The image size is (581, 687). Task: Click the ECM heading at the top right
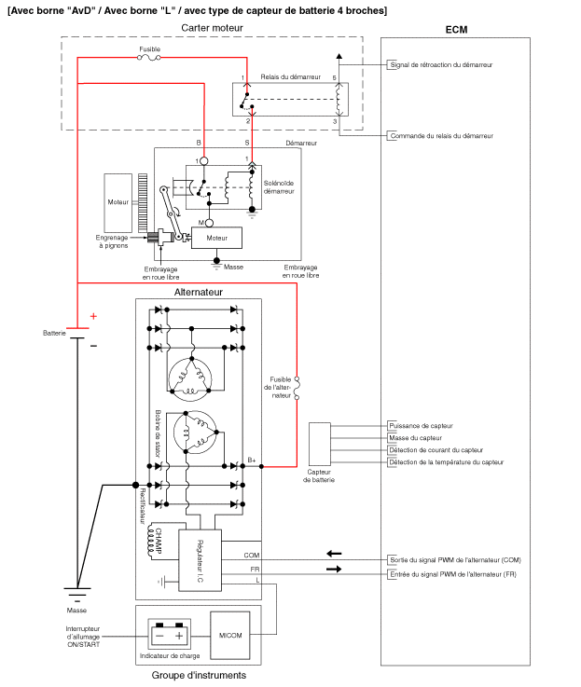click(x=457, y=31)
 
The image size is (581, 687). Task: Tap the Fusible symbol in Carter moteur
click(x=149, y=57)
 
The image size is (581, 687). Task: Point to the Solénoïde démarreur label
click(x=279, y=187)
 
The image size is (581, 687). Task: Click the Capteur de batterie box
click(x=319, y=443)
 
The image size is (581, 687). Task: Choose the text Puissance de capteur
click(x=422, y=425)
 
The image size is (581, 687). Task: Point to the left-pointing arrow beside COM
click(x=333, y=554)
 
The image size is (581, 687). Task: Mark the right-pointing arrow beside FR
click(x=333, y=569)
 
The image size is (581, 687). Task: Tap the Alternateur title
click(x=198, y=292)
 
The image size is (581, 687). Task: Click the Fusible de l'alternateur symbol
click(x=297, y=388)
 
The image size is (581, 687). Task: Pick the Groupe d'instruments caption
click(x=199, y=675)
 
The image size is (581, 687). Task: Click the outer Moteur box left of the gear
click(x=118, y=202)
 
